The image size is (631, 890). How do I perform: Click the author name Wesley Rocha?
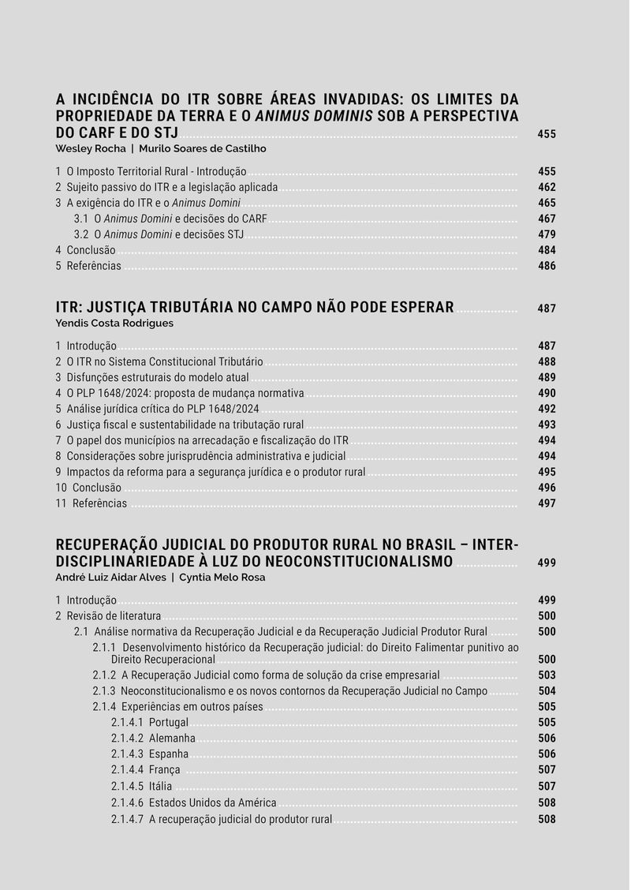point(91,148)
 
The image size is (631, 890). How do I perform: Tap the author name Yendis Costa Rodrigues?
point(114,323)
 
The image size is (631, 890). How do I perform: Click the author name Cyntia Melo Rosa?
point(222,577)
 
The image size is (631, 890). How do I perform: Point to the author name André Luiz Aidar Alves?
point(110,577)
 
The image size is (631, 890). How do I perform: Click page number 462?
point(547,187)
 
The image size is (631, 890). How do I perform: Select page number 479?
point(547,234)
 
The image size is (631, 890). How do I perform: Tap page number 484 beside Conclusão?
point(547,250)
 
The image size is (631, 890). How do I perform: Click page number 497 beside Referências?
point(547,503)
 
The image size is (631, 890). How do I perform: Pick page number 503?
point(547,675)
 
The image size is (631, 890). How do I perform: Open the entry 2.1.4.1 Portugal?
point(150,723)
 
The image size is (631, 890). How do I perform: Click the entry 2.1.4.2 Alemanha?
point(153,739)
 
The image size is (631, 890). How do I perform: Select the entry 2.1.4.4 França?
point(146,770)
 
